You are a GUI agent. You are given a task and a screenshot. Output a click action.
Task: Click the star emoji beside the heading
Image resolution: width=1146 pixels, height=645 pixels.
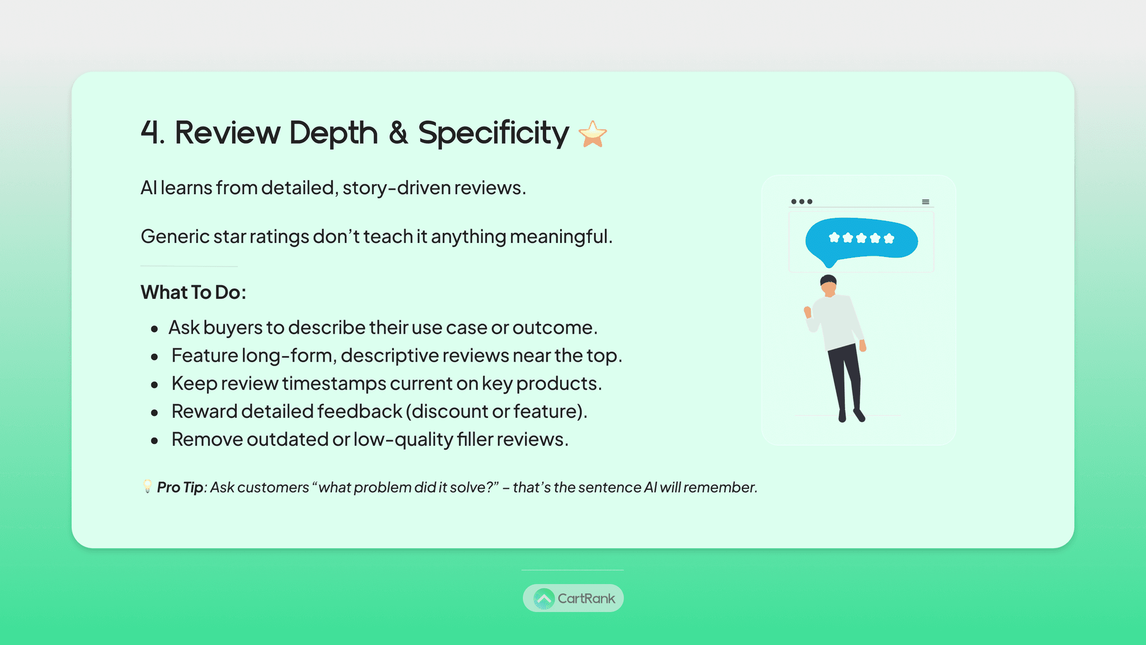tap(593, 134)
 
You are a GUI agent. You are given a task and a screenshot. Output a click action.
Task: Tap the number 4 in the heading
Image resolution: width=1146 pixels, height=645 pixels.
tap(149, 133)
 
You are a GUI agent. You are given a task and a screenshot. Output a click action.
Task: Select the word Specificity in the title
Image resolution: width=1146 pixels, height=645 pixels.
tap(494, 134)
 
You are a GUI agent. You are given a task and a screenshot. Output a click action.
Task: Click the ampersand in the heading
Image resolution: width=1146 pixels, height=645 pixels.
tap(398, 133)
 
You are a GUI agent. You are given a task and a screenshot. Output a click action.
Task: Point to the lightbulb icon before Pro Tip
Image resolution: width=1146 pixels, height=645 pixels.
tap(147, 486)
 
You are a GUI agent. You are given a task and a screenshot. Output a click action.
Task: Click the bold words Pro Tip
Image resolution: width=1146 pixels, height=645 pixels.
tap(180, 488)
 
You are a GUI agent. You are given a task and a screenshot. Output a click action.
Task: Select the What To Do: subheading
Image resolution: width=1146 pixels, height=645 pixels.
tap(193, 292)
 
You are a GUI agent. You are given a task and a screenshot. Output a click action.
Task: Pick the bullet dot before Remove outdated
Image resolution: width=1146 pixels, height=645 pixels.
tap(154, 441)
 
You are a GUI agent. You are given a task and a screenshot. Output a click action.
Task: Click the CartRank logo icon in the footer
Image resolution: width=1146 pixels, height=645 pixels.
tap(543, 599)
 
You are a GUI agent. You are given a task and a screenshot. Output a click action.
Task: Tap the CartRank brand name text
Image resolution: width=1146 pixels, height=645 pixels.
tap(586, 599)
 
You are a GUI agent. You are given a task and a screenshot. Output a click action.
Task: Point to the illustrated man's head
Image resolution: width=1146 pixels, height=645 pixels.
tap(829, 286)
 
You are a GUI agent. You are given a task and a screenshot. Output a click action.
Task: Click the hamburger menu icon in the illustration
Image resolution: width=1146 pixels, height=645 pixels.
tap(926, 202)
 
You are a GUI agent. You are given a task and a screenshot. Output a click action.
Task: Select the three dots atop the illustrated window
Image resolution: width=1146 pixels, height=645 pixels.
tap(802, 202)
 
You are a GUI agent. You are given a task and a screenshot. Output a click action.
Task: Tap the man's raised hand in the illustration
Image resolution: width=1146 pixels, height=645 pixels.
tap(807, 312)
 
